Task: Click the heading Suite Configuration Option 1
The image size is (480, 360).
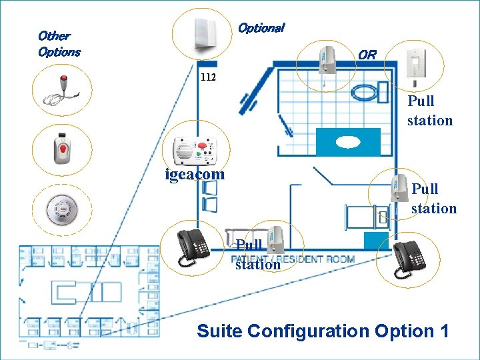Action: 323,331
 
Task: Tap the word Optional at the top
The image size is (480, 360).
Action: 261,28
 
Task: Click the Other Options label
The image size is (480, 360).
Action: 59,43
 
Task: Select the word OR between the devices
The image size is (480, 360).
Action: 367,55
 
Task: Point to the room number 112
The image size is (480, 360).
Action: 208,77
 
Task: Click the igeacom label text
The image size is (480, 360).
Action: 195,175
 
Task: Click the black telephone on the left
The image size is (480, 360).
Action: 193,246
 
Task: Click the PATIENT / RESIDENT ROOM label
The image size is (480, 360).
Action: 293,259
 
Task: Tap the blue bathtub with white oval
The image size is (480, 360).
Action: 347,141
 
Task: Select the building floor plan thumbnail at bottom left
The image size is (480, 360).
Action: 90,293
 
